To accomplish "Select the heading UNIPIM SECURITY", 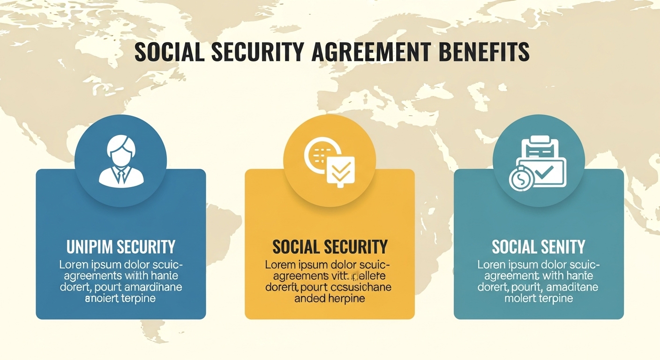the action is point(121,247).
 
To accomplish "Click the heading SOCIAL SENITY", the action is point(539,247).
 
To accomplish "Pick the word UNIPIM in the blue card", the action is point(90,247).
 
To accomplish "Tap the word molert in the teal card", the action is point(520,298).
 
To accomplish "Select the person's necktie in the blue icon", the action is point(120,176).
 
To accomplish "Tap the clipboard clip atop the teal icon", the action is point(540,140).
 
